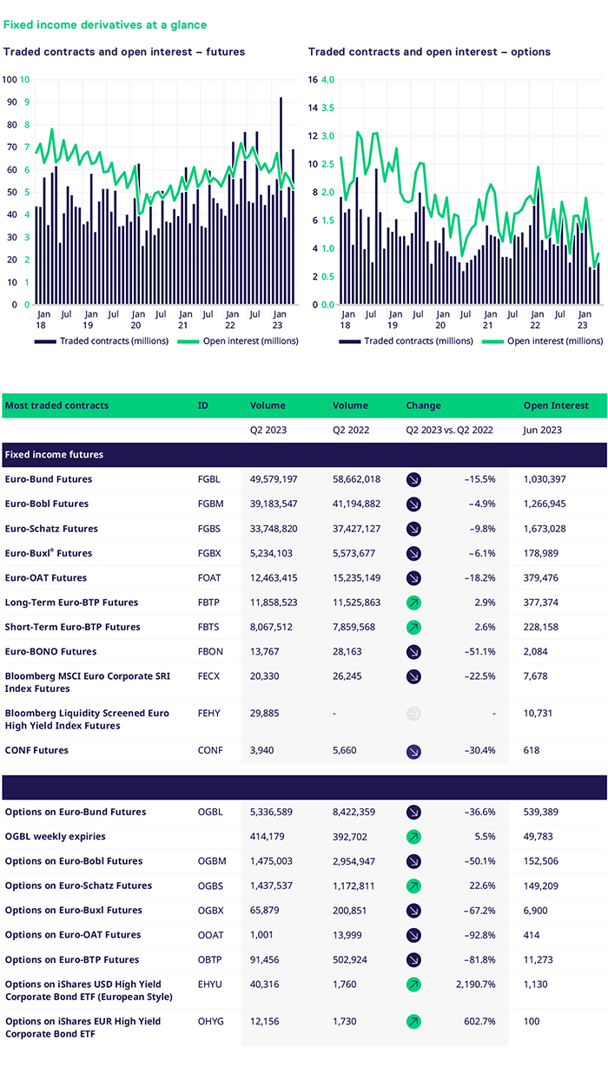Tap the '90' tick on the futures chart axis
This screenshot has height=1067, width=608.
(10, 102)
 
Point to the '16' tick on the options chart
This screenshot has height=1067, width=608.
(314, 80)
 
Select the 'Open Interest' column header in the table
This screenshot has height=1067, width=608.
(555, 405)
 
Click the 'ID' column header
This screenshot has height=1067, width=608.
(203, 405)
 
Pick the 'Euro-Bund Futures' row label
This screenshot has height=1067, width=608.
(49, 479)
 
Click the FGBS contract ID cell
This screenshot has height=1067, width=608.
(209, 529)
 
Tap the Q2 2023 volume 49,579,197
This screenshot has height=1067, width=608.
(274, 479)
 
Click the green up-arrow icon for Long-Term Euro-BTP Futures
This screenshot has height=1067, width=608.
(413, 603)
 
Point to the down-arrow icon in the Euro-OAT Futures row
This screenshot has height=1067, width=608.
(413, 578)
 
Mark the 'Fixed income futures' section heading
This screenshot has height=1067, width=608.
(54, 454)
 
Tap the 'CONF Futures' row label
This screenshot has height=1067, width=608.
(36, 750)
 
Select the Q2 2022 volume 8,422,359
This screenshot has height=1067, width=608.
(358, 813)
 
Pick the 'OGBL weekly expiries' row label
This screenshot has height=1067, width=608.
(56, 837)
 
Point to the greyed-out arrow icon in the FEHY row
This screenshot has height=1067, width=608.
(413, 714)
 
